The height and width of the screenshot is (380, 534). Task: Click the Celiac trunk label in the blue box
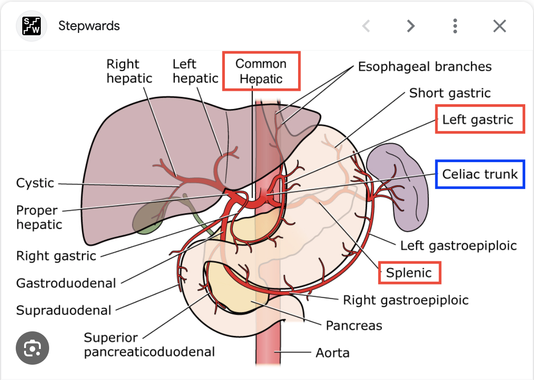click(480, 174)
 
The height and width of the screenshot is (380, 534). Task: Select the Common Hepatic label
click(261, 71)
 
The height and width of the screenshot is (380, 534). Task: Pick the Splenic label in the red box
click(409, 272)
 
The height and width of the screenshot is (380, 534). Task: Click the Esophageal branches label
click(425, 67)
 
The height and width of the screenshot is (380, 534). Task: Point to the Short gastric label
click(450, 93)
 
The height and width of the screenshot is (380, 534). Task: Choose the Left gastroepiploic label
click(458, 245)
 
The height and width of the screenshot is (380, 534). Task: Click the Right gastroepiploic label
click(406, 300)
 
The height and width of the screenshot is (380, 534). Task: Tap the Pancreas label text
click(354, 325)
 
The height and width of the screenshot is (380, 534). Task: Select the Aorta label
click(332, 353)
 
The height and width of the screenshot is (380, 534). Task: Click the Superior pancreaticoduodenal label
click(149, 344)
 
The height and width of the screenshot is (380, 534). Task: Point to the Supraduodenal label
click(64, 310)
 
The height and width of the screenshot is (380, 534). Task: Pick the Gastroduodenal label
click(66, 283)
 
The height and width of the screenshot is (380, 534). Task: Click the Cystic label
click(35, 183)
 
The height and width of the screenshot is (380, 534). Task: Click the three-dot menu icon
click(455, 26)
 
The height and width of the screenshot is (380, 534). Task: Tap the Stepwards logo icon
click(31, 26)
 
